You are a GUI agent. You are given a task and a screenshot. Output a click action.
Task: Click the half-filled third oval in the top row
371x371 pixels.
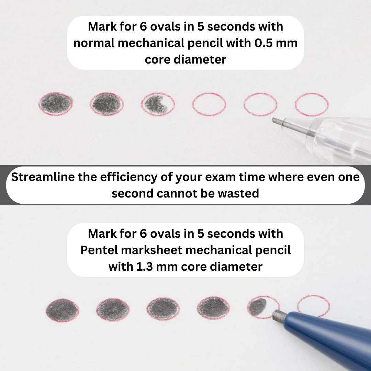158,104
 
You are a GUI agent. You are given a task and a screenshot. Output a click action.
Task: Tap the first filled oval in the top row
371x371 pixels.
55,104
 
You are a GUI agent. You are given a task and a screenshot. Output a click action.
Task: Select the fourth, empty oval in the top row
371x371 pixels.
209,104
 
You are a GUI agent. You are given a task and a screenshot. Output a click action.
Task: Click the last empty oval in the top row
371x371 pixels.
312,104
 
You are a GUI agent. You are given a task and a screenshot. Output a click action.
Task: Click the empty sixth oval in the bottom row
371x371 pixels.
314,306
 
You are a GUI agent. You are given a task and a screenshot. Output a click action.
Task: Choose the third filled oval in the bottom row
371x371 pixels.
163,309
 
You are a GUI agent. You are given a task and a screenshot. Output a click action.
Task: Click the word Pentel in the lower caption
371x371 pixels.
99,250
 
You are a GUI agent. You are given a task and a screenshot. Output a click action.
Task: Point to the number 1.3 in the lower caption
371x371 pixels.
144,267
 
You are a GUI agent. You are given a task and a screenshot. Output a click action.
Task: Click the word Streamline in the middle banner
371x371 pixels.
43,177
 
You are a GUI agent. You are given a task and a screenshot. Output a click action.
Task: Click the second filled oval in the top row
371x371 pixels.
107,104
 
